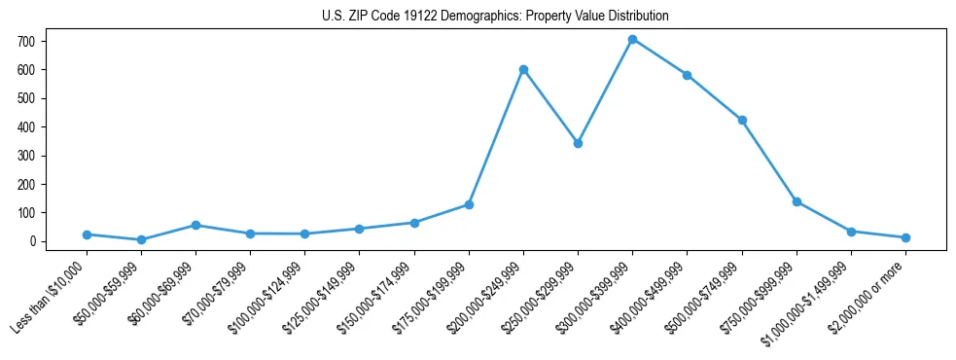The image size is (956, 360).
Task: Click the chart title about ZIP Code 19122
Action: (495, 17)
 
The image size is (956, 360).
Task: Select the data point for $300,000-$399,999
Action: (632, 40)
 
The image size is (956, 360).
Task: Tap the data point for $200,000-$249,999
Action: (523, 70)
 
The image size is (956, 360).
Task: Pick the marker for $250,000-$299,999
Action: (578, 143)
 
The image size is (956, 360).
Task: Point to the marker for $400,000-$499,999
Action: (688, 75)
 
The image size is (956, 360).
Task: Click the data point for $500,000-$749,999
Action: (742, 120)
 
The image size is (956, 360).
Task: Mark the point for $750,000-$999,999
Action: (797, 201)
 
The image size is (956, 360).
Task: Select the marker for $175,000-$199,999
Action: (469, 204)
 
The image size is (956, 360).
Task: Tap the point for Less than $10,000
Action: (87, 234)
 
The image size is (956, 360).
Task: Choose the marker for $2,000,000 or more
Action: (905, 237)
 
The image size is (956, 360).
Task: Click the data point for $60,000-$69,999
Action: (195, 225)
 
